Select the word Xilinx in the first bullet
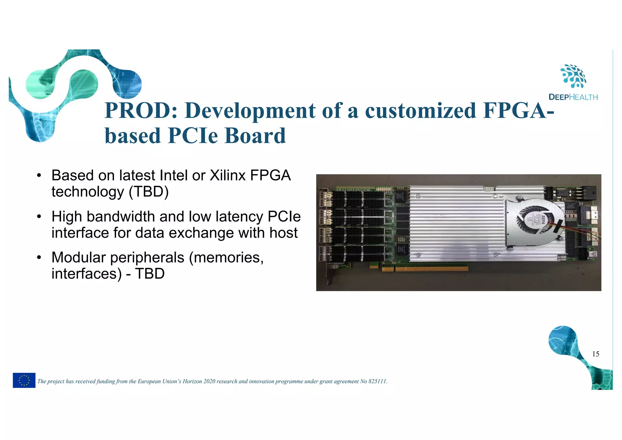[227, 175]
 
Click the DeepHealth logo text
[573, 97]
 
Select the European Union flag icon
[24, 380]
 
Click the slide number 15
[596, 354]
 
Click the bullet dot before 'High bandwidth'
[39, 217]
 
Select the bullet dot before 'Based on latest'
[39, 176]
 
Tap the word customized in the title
[421, 110]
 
